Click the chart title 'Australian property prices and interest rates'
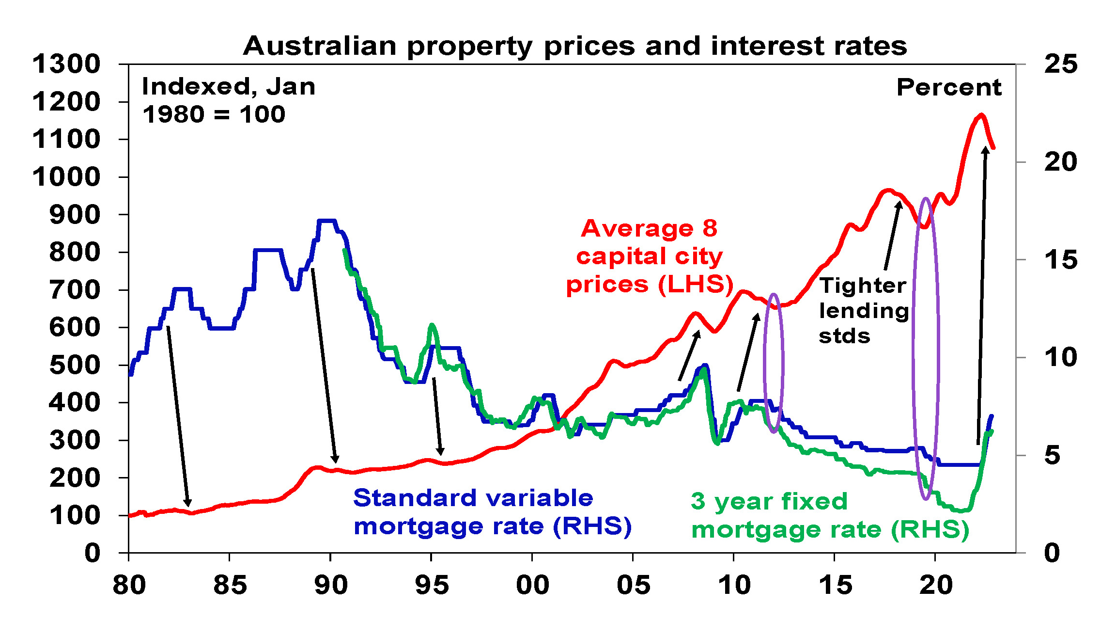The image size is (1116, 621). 574,46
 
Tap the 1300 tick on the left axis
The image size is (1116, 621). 66,64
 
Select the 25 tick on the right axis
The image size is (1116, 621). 1061,64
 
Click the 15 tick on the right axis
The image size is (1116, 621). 1061,260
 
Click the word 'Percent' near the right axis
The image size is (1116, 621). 948,88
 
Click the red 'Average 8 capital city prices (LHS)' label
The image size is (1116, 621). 649,256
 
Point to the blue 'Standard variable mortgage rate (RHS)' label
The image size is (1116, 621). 492,512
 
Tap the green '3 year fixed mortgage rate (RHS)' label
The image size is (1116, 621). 829,515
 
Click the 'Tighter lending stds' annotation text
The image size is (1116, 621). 863,310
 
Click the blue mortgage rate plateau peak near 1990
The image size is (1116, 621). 326,221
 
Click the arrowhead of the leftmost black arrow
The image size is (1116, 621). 188,503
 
